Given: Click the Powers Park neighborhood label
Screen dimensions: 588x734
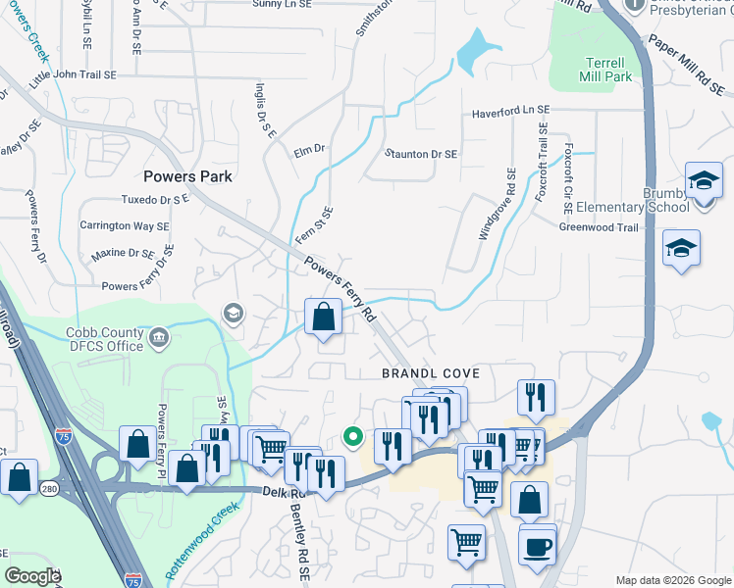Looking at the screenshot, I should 187,176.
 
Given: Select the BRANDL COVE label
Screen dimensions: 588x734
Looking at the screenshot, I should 431,374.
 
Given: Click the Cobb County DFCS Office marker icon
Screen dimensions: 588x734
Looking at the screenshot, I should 160,339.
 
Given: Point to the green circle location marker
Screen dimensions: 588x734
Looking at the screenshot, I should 353,437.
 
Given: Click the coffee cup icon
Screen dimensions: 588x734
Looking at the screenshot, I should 537,547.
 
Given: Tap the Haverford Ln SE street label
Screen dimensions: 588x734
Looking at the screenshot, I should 510,113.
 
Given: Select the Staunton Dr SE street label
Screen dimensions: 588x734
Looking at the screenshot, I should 421,154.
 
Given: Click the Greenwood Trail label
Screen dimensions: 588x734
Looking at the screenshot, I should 599,227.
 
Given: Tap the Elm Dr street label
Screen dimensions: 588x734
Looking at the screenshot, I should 308,150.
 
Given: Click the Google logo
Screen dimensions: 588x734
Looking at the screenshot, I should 32,576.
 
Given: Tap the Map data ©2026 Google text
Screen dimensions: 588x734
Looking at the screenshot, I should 673,580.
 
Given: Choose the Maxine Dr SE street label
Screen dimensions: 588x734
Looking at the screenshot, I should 123,254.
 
